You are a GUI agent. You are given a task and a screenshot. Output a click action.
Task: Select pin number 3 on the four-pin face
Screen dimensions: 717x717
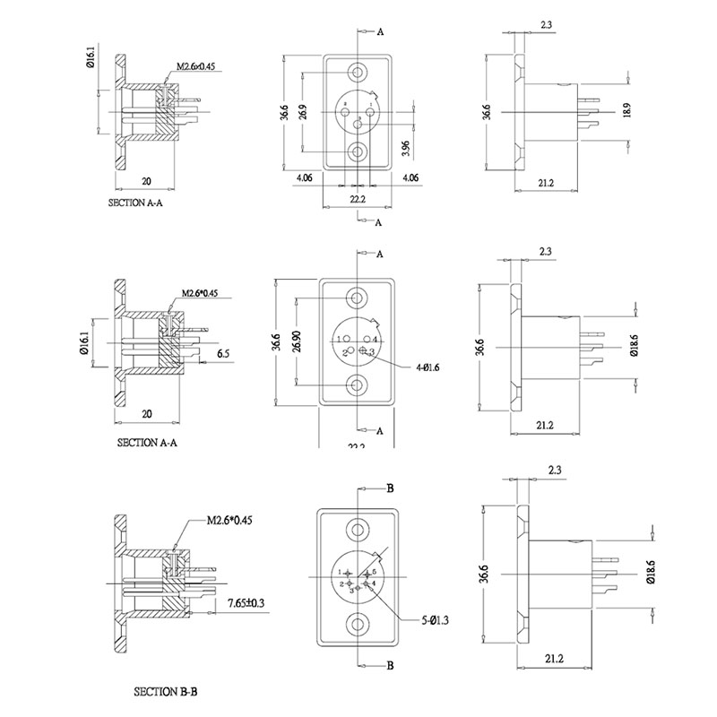(x=370, y=351)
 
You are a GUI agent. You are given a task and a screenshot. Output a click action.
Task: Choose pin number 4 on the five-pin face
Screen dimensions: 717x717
(x=373, y=584)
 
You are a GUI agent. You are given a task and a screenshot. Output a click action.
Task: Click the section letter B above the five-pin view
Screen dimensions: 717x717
(x=390, y=488)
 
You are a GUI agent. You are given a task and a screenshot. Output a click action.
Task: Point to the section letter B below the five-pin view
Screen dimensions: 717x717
(x=390, y=666)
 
